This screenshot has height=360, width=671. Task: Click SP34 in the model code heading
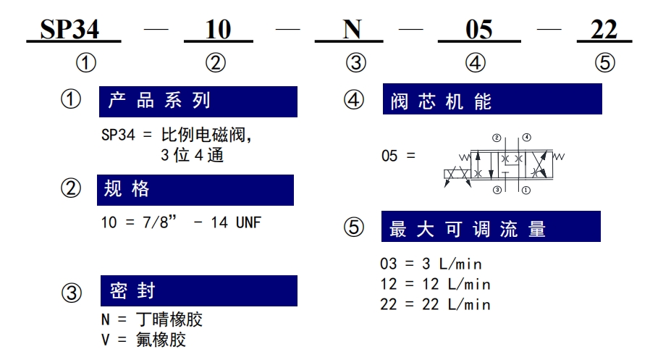[x=69, y=30]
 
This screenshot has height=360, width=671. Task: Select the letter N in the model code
[x=353, y=30]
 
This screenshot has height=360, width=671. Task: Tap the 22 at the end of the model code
[x=604, y=30]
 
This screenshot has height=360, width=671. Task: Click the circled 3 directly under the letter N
[x=356, y=63]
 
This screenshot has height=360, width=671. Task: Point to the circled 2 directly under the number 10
[x=216, y=63]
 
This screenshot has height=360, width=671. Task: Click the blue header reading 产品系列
[x=198, y=101]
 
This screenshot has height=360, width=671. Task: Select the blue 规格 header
[x=195, y=190]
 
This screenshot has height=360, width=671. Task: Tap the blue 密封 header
[x=199, y=290]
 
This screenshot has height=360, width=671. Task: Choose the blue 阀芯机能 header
[x=492, y=99]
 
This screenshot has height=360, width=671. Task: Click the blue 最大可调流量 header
[x=491, y=227]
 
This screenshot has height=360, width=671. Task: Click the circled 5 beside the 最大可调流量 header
[x=354, y=227]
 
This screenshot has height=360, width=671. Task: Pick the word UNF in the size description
[x=248, y=222]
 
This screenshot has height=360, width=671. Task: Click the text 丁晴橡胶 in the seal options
[x=169, y=319]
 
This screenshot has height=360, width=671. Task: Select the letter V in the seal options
[x=105, y=340]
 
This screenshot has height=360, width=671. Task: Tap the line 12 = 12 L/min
[x=435, y=284]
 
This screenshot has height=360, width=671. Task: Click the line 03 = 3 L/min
[x=431, y=264]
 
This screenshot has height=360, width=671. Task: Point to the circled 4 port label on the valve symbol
[x=527, y=138]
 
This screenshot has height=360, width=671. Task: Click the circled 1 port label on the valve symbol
[x=526, y=190]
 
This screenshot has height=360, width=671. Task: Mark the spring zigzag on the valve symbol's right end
[x=559, y=156]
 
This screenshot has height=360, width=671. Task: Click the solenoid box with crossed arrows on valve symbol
[x=457, y=174]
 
